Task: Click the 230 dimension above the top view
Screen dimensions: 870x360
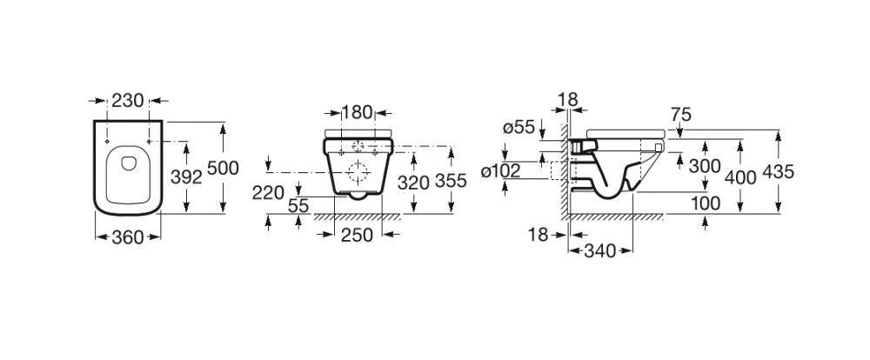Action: (128, 100)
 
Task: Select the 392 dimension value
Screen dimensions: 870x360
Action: (186, 177)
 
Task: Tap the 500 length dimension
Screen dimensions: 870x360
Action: (223, 167)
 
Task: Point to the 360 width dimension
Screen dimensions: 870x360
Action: (128, 237)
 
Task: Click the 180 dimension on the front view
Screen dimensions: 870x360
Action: (357, 112)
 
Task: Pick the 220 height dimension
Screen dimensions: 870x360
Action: (268, 193)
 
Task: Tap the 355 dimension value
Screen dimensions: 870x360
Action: (451, 181)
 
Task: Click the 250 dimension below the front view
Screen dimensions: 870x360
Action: (357, 235)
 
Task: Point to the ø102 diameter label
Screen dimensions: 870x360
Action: (501, 171)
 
